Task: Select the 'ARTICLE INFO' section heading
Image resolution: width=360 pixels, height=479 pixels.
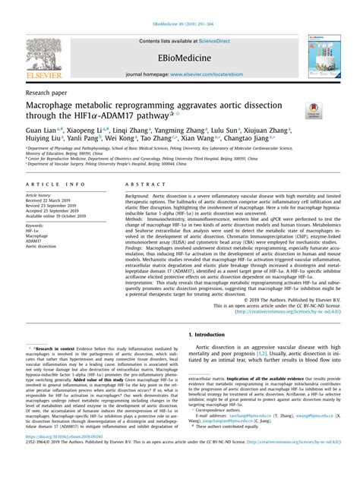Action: tap(50, 184)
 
